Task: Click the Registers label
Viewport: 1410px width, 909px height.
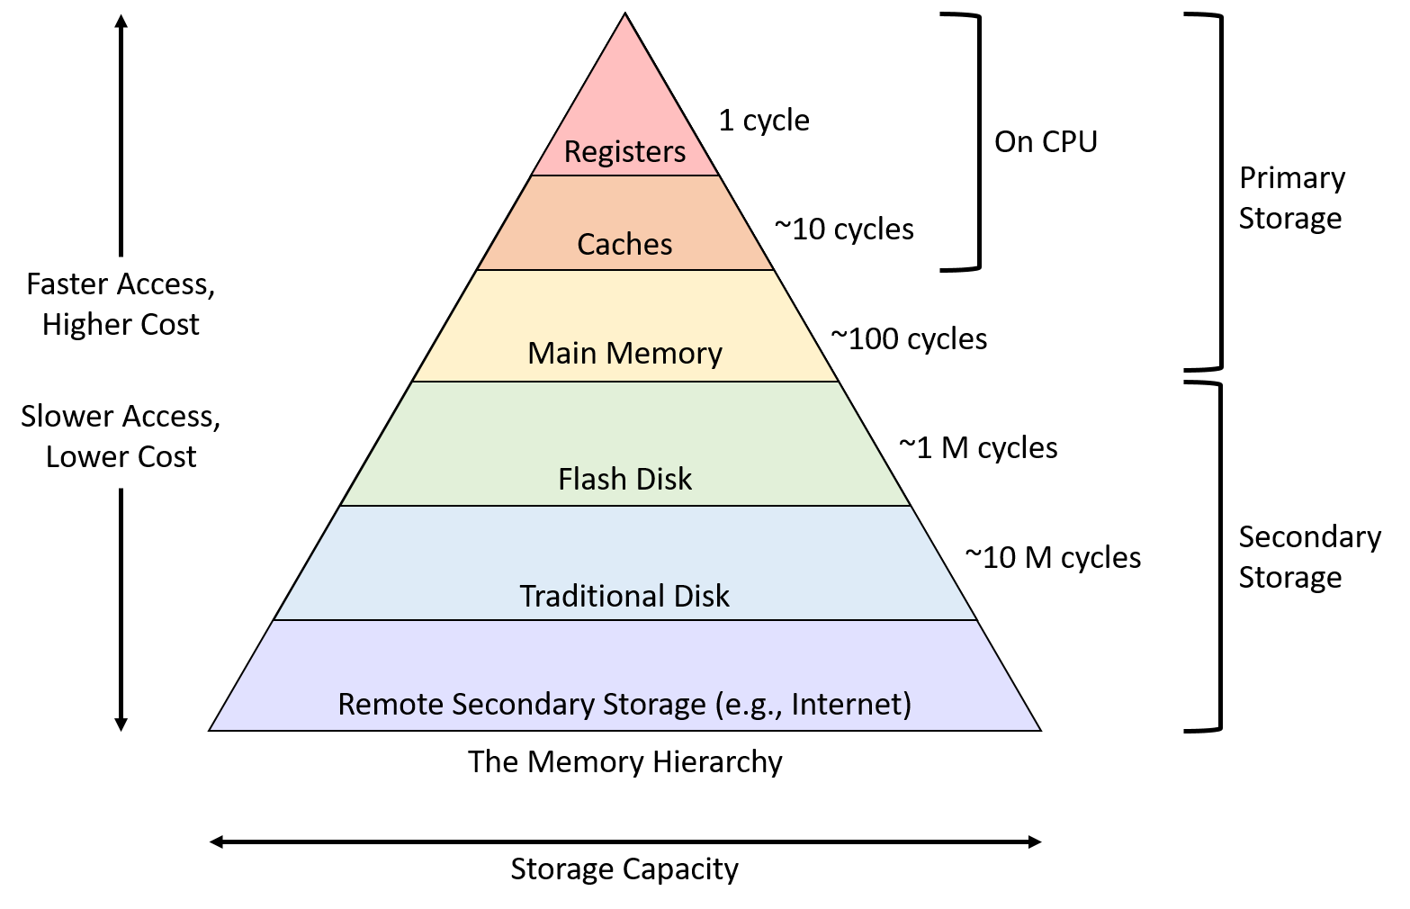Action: tap(624, 151)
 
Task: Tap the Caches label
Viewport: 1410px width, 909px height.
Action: tap(624, 244)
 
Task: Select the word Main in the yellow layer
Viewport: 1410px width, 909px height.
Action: tap(561, 353)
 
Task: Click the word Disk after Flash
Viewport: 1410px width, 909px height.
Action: tap(662, 479)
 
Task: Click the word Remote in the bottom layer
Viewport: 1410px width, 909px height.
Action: tap(390, 704)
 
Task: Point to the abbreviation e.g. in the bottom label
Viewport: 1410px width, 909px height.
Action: tap(750, 704)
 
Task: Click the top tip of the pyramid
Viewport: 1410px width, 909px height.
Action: tap(624, 18)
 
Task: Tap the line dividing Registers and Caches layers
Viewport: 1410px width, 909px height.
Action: tap(624, 175)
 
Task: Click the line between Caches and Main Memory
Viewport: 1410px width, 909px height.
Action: tap(624, 270)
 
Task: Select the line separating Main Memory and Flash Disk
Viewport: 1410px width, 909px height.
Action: tap(624, 382)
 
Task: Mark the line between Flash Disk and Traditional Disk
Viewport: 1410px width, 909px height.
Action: tap(624, 506)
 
